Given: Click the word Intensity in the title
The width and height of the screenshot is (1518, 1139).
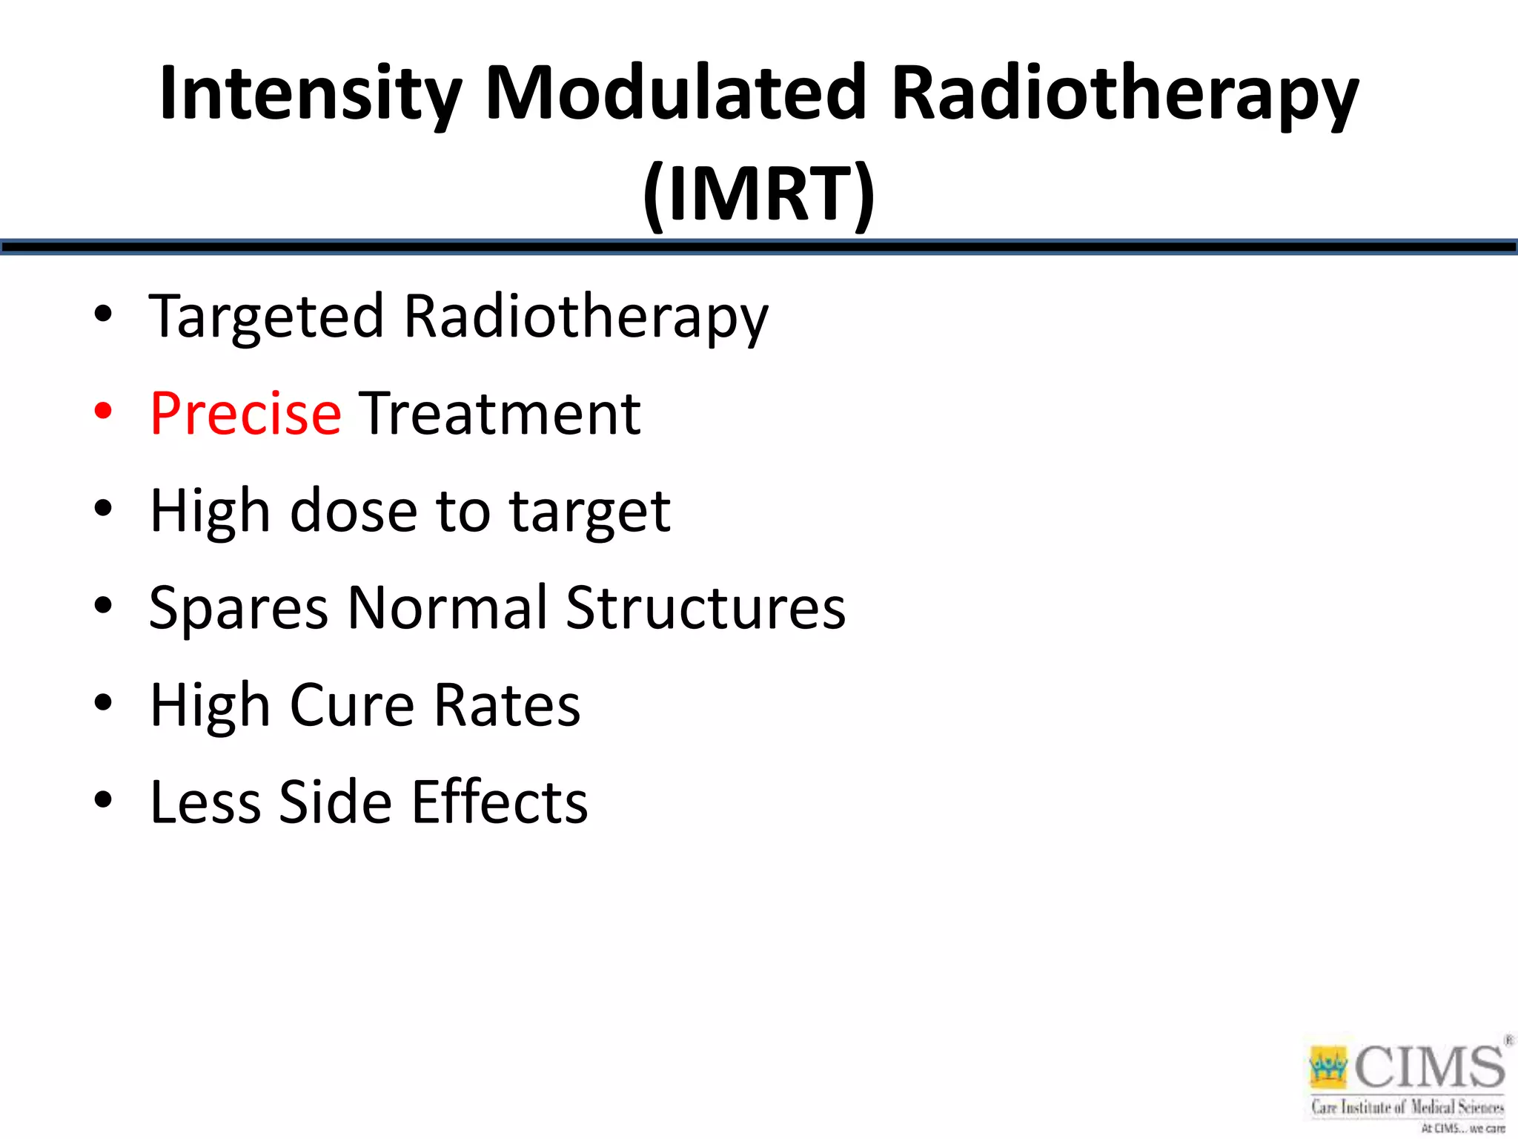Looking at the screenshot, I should click(x=310, y=95).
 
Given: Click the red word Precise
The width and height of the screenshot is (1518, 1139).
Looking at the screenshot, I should click(x=245, y=414).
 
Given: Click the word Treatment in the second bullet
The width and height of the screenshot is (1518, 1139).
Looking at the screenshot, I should click(x=500, y=414).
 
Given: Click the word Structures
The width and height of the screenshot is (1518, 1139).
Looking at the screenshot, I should click(x=705, y=608).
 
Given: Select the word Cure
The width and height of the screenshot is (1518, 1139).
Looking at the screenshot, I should click(x=352, y=705).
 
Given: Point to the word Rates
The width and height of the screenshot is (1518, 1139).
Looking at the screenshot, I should click(x=507, y=705).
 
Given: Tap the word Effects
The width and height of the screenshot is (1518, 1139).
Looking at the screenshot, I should click(x=500, y=802).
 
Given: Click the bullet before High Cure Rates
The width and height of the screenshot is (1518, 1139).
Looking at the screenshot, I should click(x=103, y=702).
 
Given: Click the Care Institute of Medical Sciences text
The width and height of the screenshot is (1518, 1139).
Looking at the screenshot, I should click(x=1407, y=1107).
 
